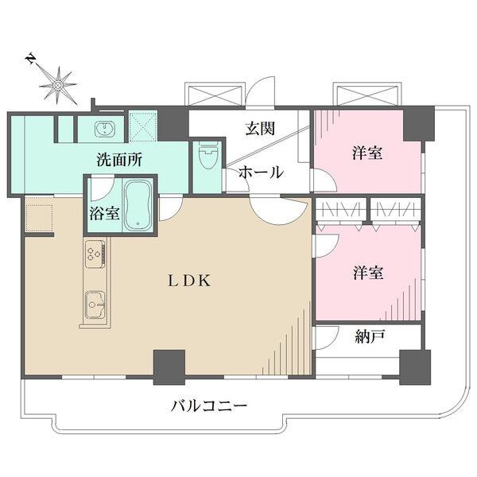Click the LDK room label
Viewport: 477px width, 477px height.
tap(189, 281)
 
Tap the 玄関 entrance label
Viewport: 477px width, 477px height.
tap(261, 128)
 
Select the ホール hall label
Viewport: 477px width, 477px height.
tap(261, 173)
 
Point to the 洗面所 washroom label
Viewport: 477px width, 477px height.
tap(119, 160)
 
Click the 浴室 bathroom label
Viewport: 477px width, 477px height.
tap(103, 213)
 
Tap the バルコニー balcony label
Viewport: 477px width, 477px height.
tap(208, 406)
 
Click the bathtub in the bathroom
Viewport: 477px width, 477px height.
tap(138, 205)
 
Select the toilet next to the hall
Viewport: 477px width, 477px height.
tap(208, 154)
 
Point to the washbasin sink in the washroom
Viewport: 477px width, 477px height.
tap(105, 129)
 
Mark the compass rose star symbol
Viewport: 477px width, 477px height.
tap(57, 86)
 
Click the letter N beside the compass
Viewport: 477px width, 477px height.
tap(30, 60)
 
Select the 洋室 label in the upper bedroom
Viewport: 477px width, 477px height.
tap(368, 153)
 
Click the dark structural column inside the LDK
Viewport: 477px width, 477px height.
tap(169, 367)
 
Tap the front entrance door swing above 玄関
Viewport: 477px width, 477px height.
tap(260, 91)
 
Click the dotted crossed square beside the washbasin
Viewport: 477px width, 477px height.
tap(142, 126)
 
